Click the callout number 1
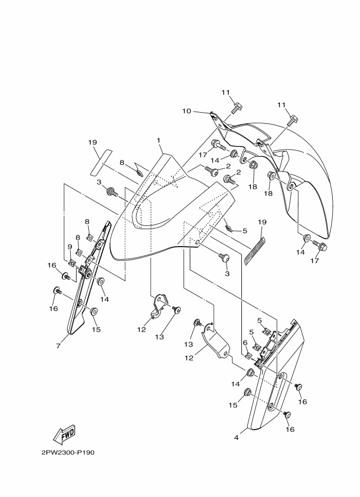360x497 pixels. [x=158, y=140]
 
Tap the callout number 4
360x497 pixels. [x=236, y=438]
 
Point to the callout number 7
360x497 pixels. [x=58, y=346]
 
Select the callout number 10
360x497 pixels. [x=186, y=111]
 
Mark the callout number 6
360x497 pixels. [x=245, y=342]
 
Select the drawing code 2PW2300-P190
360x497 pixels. [x=68, y=452]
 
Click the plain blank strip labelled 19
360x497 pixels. [x=101, y=161]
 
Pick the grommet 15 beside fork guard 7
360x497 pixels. [x=94, y=311]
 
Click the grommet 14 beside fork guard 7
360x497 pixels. [x=101, y=281]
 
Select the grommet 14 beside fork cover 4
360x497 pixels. [x=251, y=372]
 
